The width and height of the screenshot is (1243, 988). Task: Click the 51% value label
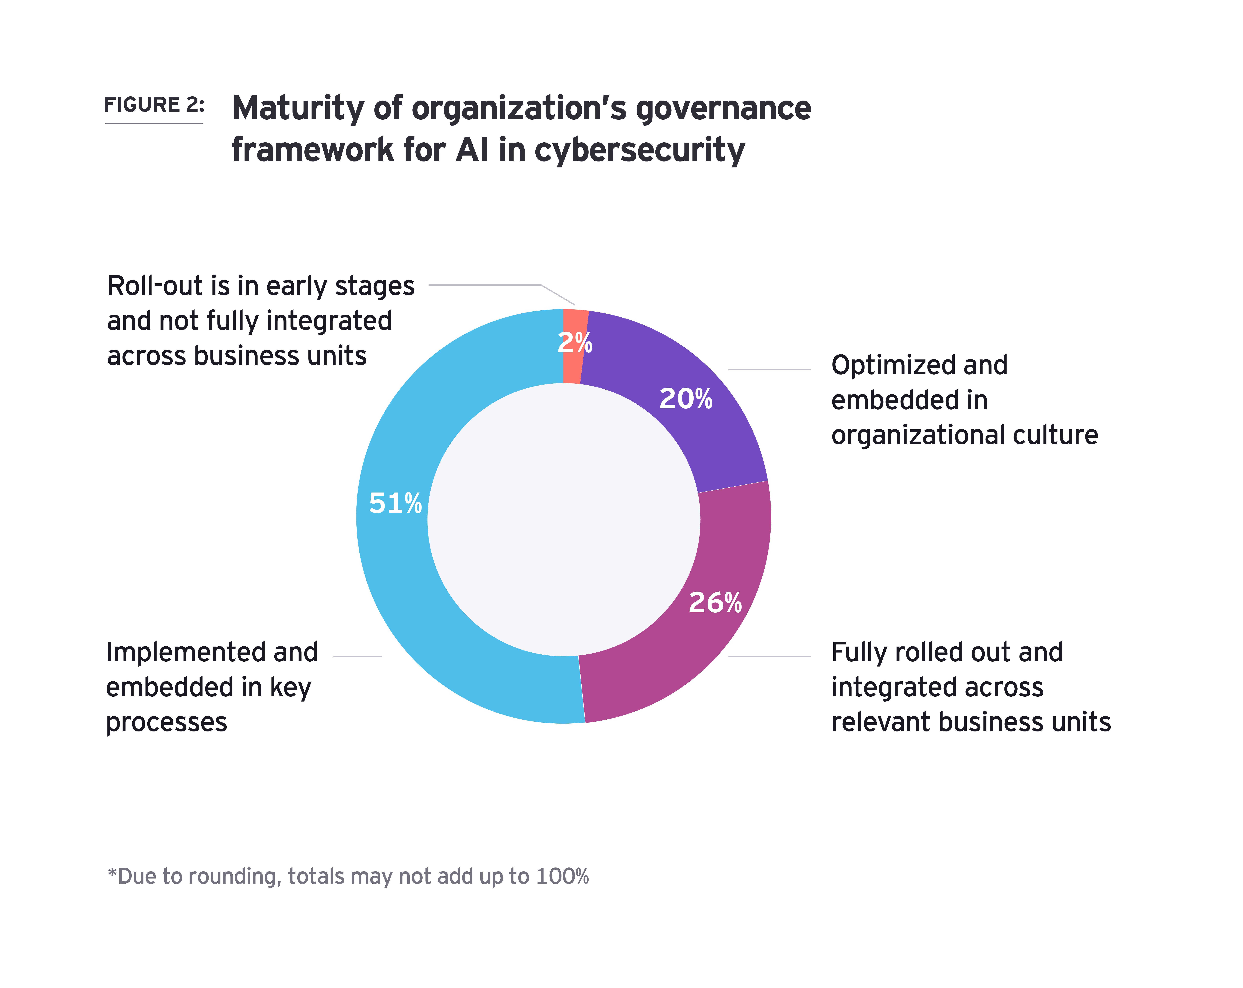pos(395,504)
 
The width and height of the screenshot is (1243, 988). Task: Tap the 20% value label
pos(686,399)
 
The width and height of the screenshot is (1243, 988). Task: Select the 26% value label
pos(715,603)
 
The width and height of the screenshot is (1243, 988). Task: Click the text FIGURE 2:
pos(154,105)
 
